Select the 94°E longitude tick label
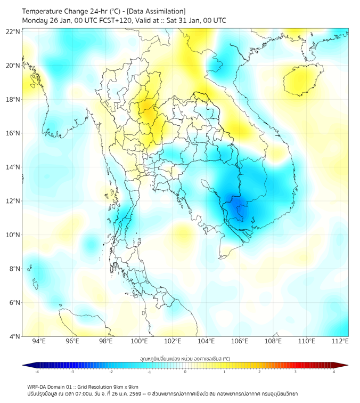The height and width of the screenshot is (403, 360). tap(39, 341)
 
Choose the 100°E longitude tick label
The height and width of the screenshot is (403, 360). tap(139, 341)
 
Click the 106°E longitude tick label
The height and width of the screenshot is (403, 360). tap(240, 341)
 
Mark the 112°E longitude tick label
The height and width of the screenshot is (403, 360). tap(340, 341)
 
